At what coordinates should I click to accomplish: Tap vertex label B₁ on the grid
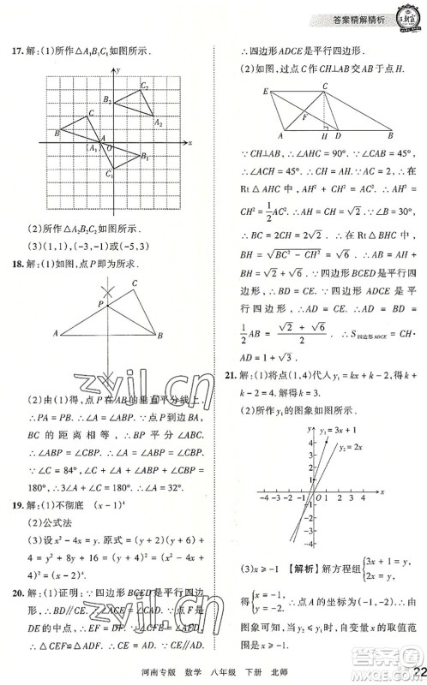[x=146, y=157]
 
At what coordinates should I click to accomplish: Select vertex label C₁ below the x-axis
[x=109, y=174]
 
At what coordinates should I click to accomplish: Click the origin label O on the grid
[x=108, y=149]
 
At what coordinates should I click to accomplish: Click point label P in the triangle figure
[x=99, y=303]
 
